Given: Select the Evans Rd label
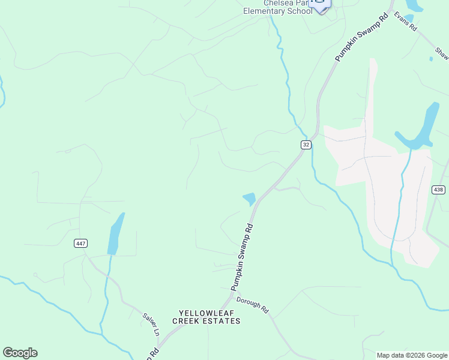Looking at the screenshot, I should [405, 22].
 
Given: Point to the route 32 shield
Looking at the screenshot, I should [306, 145].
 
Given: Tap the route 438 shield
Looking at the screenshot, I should [438, 190].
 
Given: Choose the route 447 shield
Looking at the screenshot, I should [80, 243].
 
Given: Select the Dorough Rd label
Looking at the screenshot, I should [252, 305].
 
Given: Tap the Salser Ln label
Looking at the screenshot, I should [151, 324].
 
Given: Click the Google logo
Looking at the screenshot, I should [20, 353].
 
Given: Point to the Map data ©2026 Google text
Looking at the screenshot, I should [411, 355].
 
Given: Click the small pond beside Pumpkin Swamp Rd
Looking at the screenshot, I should [249, 198].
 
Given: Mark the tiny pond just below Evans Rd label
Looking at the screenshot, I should [431, 59].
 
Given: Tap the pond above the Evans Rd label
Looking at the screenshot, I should [413, 5].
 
